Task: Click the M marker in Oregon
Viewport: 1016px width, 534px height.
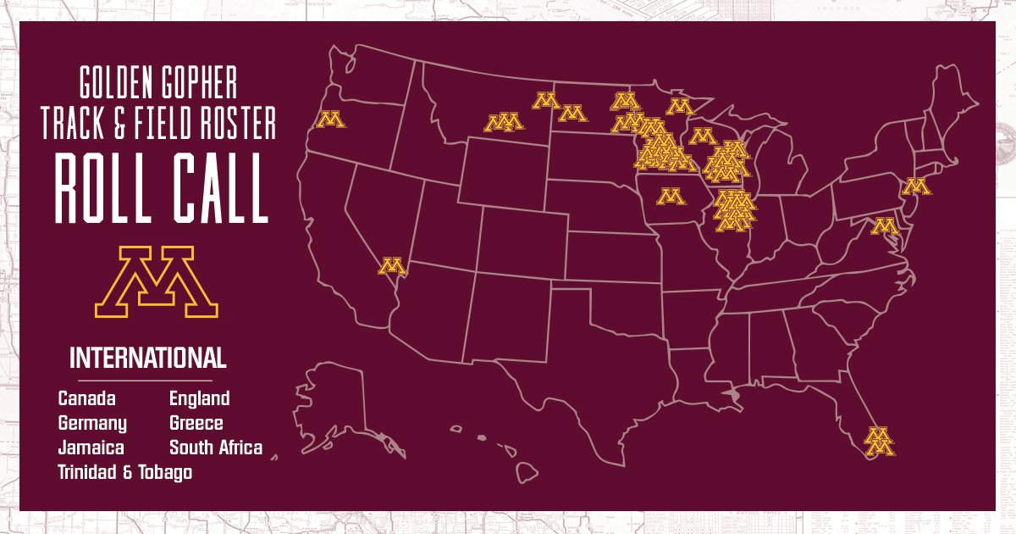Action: click(x=330, y=120)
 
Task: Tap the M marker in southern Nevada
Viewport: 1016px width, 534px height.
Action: click(x=391, y=266)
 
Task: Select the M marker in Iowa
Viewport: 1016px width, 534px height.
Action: click(x=671, y=197)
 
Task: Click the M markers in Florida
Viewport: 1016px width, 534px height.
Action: click(x=880, y=440)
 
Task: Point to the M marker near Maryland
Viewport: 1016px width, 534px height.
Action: click(x=885, y=226)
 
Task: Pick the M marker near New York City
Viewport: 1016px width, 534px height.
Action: click(x=915, y=186)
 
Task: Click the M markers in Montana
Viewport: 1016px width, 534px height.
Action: click(x=503, y=123)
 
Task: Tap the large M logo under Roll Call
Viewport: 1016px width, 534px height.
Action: click(x=157, y=282)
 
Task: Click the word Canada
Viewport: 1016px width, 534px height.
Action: click(x=87, y=398)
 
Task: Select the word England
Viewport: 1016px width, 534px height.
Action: click(x=200, y=398)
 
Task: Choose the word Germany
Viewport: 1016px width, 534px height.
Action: click(x=92, y=423)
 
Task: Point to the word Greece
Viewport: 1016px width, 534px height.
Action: click(x=196, y=423)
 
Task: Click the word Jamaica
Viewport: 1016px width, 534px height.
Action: click(x=91, y=448)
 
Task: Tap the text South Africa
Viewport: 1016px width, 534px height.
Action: click(x=216, y=448)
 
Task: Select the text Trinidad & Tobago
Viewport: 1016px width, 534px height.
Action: click(x=125, y=472)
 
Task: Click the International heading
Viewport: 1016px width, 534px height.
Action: click(x=148, y=358)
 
